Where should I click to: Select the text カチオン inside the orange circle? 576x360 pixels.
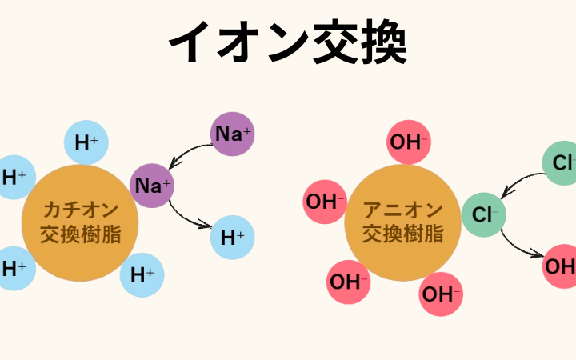80,210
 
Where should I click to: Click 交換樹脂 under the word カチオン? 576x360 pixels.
80,236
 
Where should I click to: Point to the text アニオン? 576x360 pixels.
403,210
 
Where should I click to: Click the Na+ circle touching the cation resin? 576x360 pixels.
152,186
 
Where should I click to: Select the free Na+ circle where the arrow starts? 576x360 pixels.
232,134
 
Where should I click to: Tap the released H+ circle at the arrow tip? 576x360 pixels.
233,237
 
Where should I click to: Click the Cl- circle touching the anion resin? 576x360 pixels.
484,214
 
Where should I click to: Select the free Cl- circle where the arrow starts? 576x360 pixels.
561,163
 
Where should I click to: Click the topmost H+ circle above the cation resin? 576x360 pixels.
86,142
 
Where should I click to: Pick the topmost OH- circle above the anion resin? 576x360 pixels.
409,142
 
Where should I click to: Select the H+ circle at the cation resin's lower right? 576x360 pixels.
142,275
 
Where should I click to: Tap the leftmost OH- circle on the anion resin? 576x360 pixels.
325,202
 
